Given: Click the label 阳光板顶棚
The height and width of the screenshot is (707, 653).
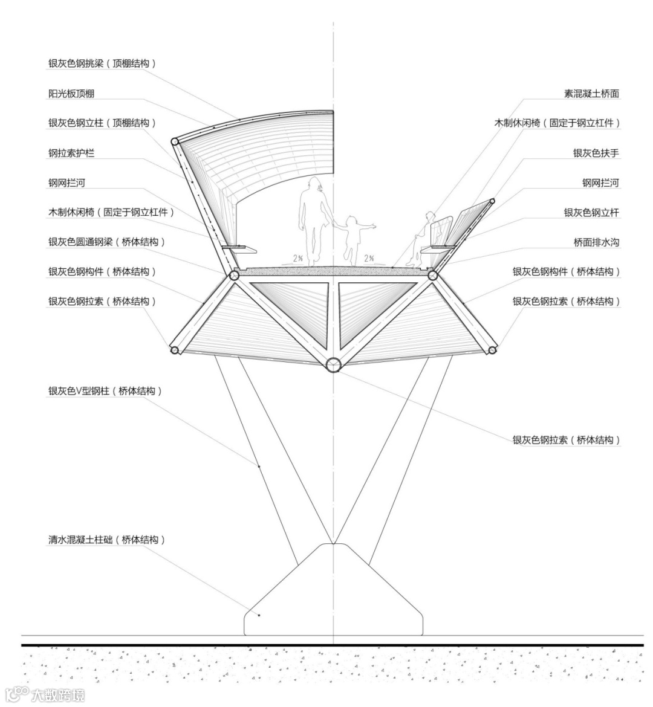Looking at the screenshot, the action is [71, 94].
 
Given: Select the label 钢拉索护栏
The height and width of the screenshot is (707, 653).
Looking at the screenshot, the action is [71, 153].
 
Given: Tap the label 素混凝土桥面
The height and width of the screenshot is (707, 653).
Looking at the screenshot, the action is [591, 94].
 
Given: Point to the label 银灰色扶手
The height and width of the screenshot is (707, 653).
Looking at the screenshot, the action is [596, 153].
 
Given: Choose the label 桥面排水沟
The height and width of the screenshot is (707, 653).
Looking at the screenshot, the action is [596, 242].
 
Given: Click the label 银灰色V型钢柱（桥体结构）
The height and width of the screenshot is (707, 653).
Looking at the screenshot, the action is [106, 391].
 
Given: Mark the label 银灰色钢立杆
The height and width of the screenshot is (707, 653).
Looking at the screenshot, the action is [591, 213].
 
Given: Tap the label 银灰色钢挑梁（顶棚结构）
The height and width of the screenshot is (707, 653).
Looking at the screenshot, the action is [102, 63].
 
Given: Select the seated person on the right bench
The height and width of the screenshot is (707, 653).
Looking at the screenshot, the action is [423, 239].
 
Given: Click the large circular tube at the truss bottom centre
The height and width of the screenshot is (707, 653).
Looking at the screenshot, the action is [333, 364].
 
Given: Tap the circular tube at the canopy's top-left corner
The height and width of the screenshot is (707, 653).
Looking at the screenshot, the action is [175, 141].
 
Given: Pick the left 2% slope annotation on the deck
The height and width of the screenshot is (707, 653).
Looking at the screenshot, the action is [298, 258].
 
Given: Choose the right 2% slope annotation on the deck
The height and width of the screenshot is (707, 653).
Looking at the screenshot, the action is [369, 258].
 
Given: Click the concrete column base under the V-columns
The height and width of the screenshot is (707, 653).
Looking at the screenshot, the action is [333, 598].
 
